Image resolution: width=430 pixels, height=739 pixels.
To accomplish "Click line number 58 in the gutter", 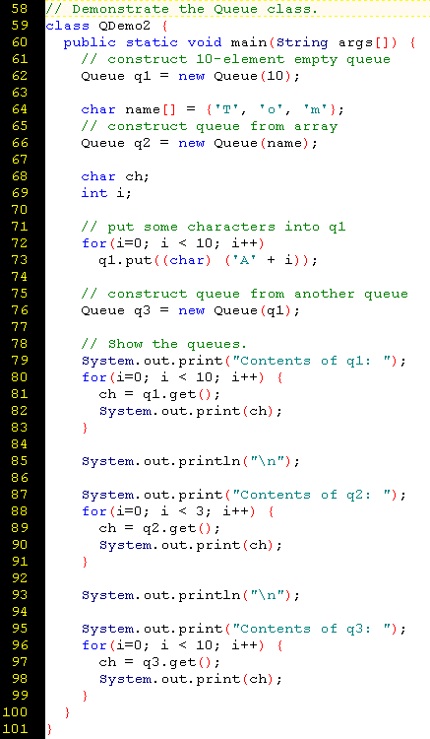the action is coord(19,9).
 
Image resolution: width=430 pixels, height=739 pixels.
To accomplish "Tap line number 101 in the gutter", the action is coord(15,728).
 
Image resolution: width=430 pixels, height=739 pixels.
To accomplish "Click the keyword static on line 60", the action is coord(152,42).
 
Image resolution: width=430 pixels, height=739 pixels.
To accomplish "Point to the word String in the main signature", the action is coord(302,42).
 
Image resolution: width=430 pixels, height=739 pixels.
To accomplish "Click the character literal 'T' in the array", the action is coord(227,109).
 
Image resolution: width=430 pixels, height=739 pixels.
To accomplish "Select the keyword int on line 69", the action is coord(94,193).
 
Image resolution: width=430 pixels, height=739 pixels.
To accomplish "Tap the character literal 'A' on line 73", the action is coord(245,260).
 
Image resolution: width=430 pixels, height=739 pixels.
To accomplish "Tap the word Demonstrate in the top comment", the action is coord(120,9).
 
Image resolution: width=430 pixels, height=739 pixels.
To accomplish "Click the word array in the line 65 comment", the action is coord(316,126).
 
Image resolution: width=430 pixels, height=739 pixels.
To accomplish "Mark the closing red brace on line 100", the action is coord(67,712).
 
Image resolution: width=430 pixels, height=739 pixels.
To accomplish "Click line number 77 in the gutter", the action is coord(19,326).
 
